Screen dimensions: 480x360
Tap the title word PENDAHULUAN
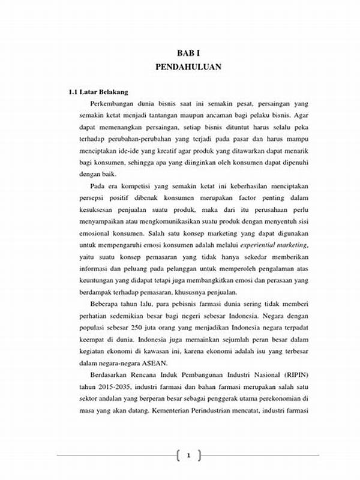click(188, 67)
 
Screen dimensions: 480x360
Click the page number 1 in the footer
click(188, 457)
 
